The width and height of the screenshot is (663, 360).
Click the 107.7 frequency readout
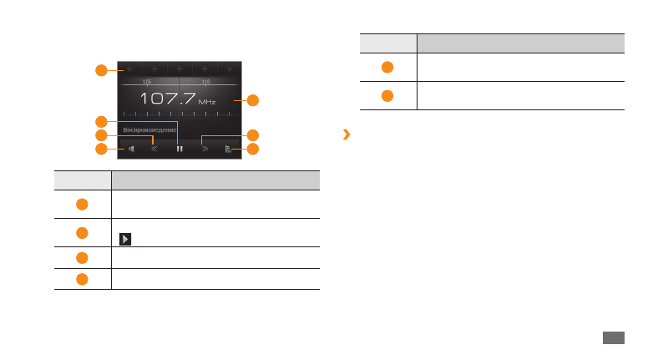[x=168, y=99]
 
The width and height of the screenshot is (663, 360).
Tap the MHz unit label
[x=207, y=103]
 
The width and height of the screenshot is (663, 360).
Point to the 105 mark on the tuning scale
[x=147, y=82]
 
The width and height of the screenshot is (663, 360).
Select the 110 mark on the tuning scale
[x=205, y=82]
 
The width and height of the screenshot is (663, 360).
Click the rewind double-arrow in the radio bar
[x=154, y=150]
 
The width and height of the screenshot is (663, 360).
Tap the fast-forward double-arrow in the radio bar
[x=205, y=150]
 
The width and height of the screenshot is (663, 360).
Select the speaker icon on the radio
[x=131, y=150]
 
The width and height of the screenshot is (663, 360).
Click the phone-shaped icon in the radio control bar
[x=228, y=150]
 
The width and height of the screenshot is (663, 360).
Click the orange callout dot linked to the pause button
[x=101, y=120]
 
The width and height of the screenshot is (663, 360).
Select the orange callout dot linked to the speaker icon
[x=101, y=150]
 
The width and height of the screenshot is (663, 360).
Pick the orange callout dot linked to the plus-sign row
[x=101, y=69]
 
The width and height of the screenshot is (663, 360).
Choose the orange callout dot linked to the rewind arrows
[x=101, y=134]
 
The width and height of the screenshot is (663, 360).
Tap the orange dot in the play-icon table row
[x=83, y=232]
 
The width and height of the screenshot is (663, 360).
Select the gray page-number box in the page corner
[x=613, y=337]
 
